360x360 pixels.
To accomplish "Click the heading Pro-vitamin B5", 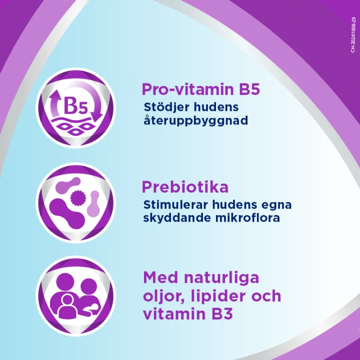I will (201, 89).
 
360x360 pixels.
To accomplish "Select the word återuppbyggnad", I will (195, 121).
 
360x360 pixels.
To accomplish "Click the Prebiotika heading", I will (185, 187).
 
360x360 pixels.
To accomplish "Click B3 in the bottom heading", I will (222, 314).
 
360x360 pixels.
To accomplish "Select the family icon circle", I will (75, 296).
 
